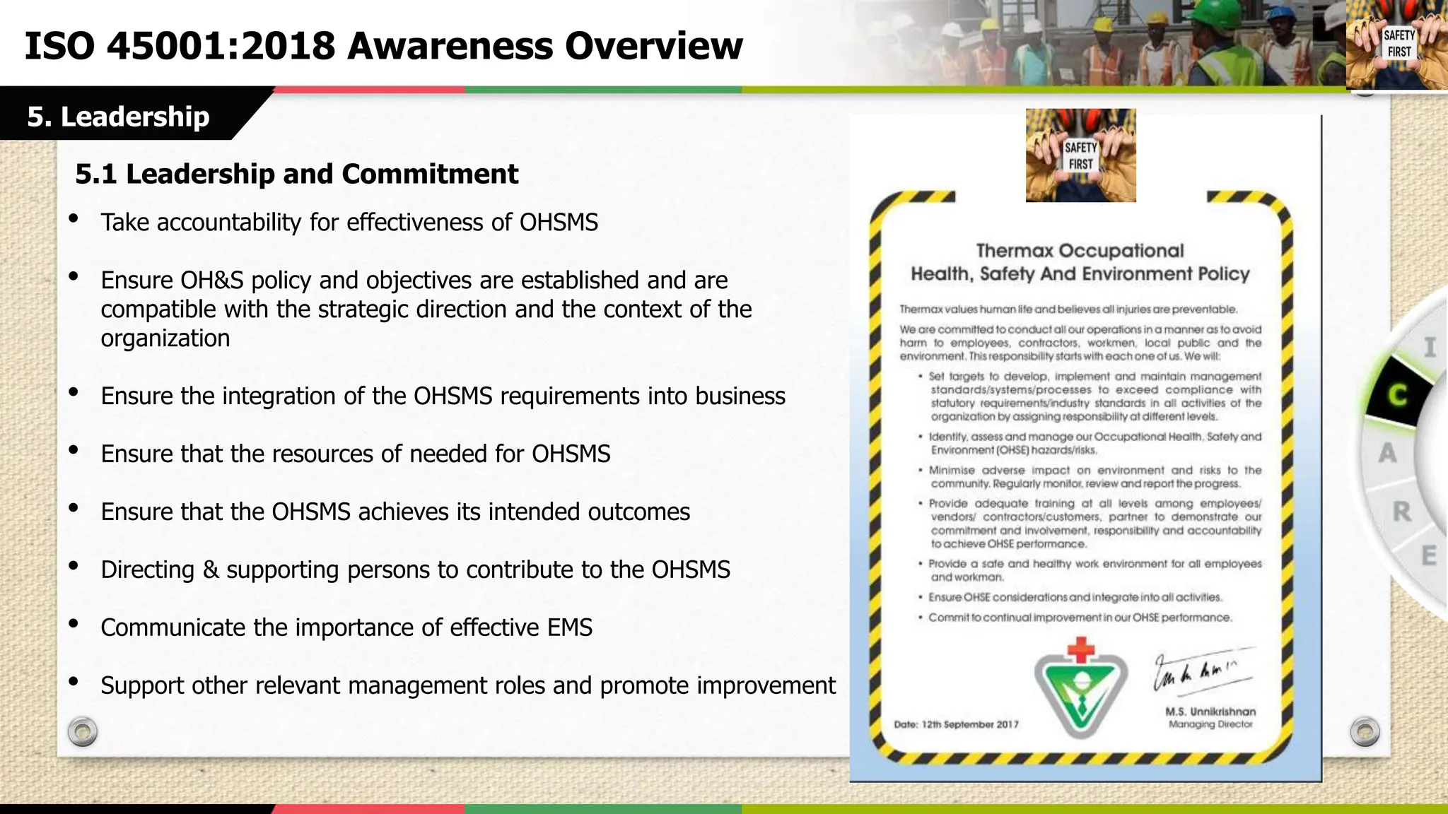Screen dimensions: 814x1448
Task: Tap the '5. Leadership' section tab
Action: pyautogui.click(x=118, y=116)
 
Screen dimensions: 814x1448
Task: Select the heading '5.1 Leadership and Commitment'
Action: pyautogui.click(x=296, y=174)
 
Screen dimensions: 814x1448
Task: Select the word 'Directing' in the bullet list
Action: pyautogui.click(x=147, y=570)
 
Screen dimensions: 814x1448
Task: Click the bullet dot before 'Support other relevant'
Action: pyautogui.click(x=74, y=682)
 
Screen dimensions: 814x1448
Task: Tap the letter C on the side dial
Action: pyautogui.click(x=1397, y=395)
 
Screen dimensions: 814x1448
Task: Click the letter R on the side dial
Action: pyautogui.click(x=1401, y=512)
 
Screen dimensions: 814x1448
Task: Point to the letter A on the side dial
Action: pyautogui.click(x=1387, y=453)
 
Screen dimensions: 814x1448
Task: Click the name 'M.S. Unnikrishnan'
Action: pyautogui.click(x=1210, y=712)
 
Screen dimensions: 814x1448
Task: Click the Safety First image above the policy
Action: pyautogui.click(x=1080, y=155)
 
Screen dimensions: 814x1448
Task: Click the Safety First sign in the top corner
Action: pyautogui.click(x=1399, y=44)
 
